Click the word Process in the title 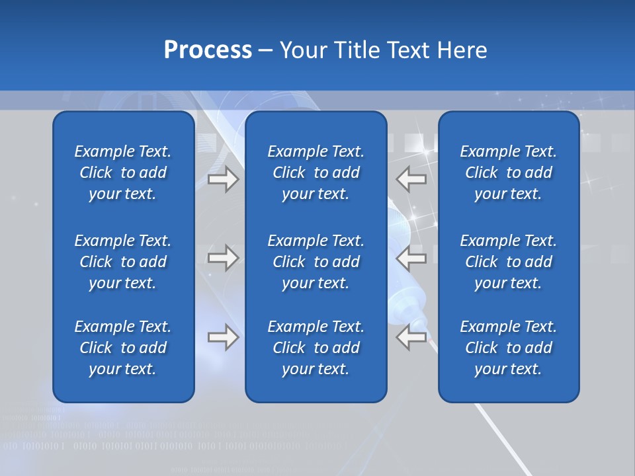coord(208,50)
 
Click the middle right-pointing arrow coord(224,258)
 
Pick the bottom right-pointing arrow coord(224,337)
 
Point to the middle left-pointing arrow coord(411,258)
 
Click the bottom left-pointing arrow coord(411,337)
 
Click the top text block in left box coord(123,173)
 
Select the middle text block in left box coord(123,262)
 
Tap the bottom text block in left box coord(123,348)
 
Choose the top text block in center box coord(316,173)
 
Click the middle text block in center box coord(316,262)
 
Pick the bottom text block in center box coord(316,348)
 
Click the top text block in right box coord(508,173)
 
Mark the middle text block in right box coord(508,262)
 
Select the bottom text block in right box coord(508,348)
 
